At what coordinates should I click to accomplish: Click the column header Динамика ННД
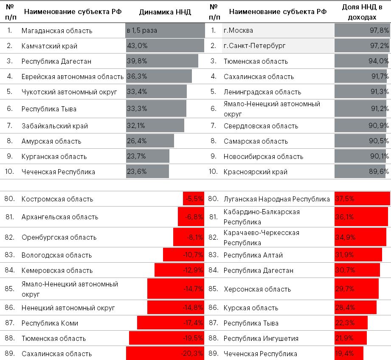click(165, 12)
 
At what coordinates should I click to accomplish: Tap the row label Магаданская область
click(57, 31)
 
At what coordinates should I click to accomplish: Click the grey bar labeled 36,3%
click(159, 77)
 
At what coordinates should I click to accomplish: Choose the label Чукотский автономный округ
click(69, 92)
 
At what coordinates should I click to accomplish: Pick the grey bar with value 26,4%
click(150, 141)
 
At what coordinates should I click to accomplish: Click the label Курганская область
click(54, 156)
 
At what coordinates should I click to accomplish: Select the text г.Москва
click(238, 31)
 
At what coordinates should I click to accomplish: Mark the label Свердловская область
click(261, 126)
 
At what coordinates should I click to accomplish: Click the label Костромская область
click(57, 199)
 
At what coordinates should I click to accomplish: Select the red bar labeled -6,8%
click(191, 217)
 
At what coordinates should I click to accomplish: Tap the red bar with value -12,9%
click(179, 270)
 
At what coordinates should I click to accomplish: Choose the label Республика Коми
click(50, 323)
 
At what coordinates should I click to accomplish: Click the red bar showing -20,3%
click(165, 354)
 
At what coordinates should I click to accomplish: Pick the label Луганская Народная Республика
click(277, 199)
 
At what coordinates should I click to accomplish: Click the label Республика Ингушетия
click(261, 338)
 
